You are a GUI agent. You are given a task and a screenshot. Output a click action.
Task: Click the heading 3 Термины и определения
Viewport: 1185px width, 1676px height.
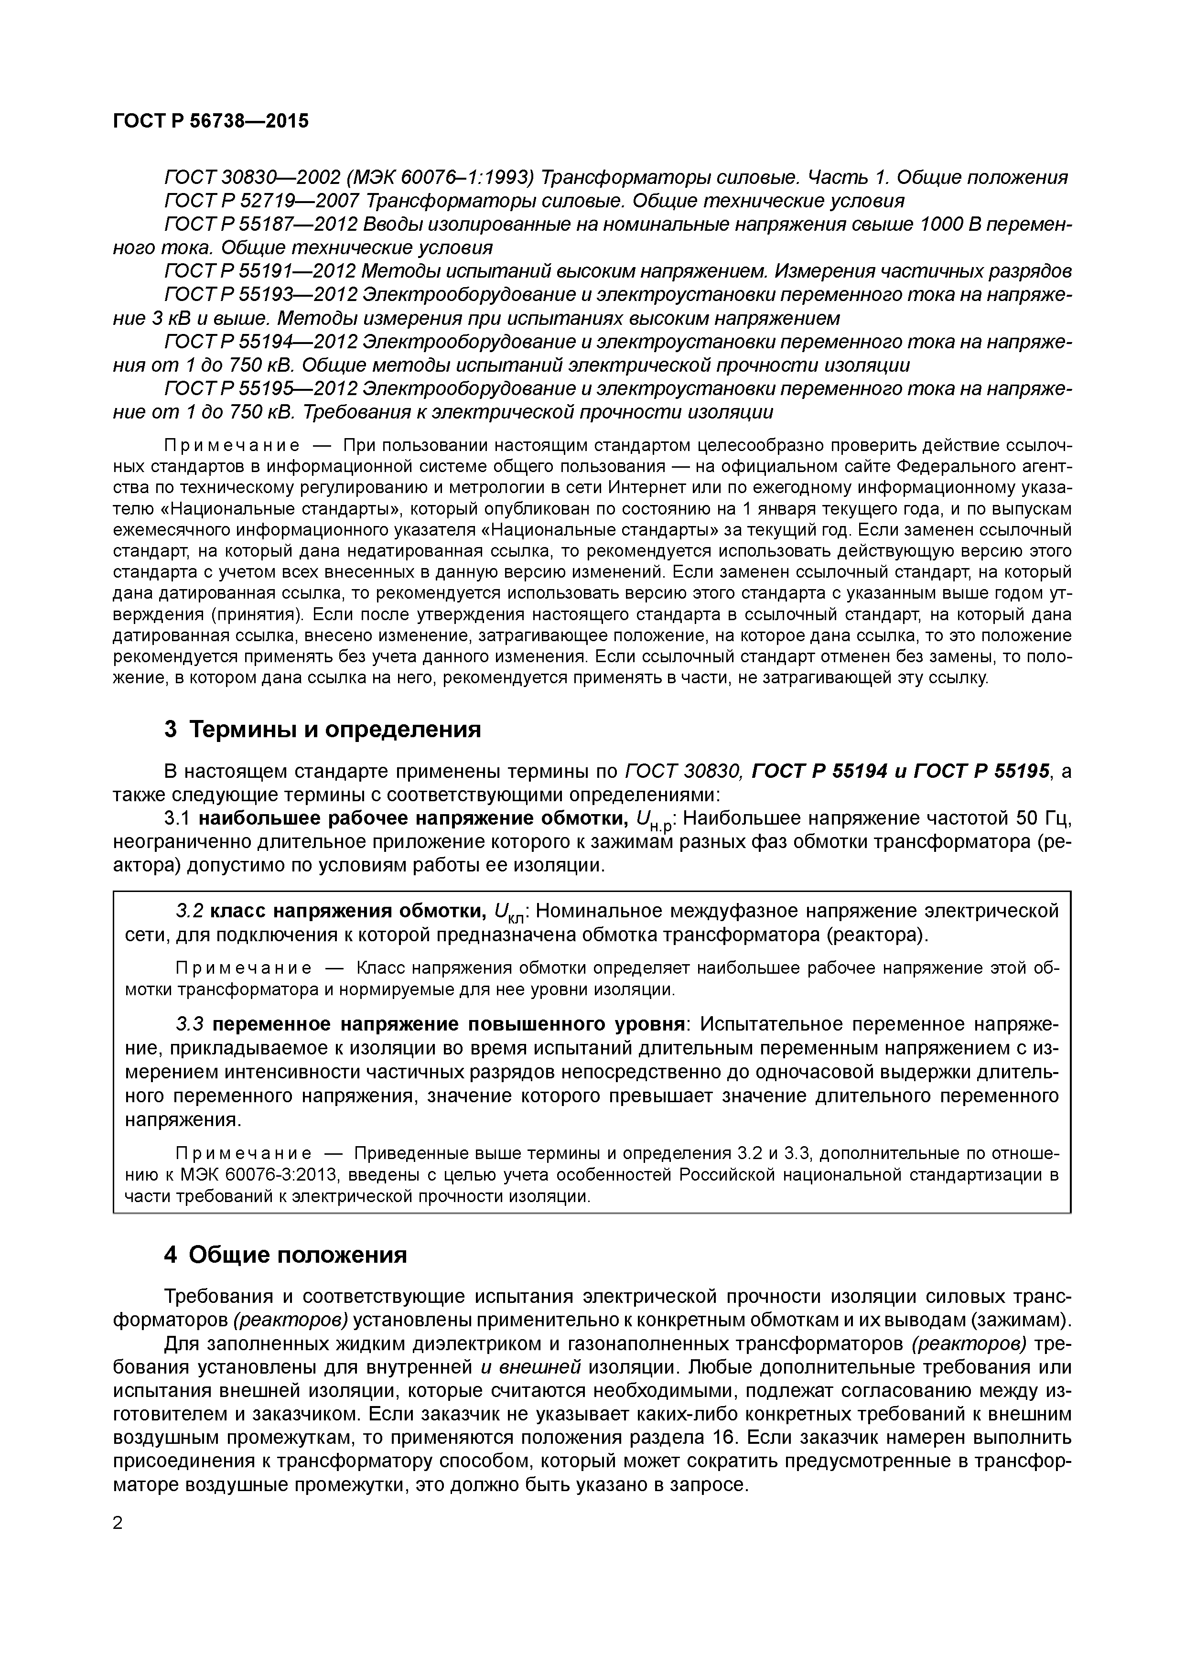click(x=323, y=729)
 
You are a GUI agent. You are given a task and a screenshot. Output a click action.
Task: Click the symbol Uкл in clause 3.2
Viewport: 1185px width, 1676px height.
click(x=510, y=913)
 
